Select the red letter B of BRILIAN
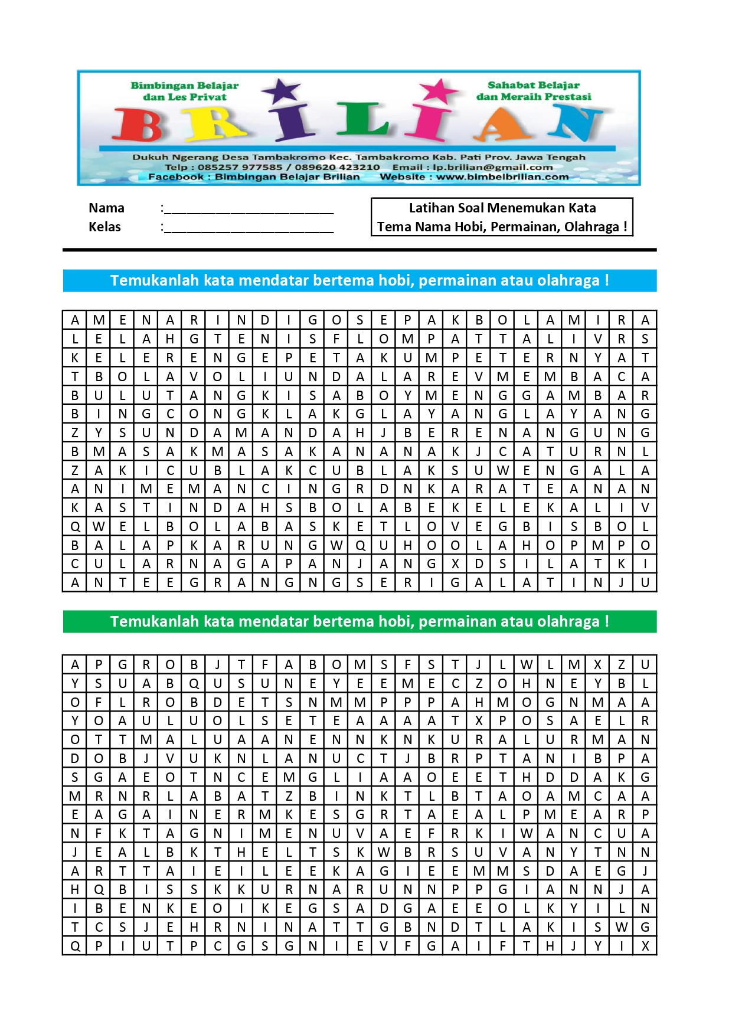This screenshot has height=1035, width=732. coord(138,125)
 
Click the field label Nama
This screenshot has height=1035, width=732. coord(106,208)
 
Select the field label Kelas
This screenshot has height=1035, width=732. coord(104,227)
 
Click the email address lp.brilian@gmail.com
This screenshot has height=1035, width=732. coord(492,167)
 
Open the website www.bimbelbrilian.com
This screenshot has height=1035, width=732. coord(502,176)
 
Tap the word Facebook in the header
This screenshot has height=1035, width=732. coord(175,176)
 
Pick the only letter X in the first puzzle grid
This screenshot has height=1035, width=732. coord(455,564)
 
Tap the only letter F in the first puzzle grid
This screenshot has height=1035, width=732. coord(336,339)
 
